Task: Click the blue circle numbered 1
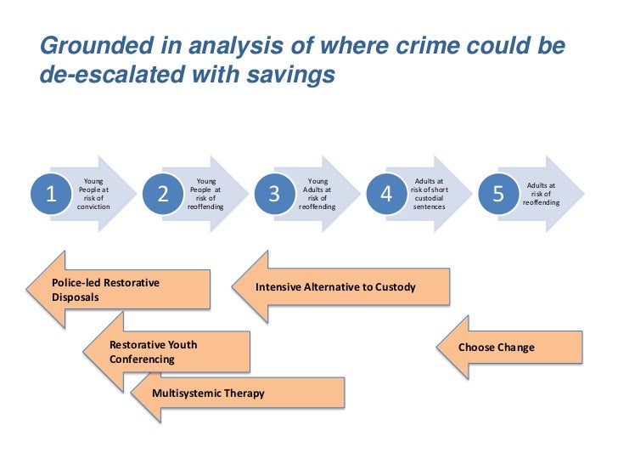tap(50, 195)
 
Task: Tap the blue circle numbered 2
tap(163, 195)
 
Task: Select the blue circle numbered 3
tap(273, 195)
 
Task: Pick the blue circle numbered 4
tap(386, 195)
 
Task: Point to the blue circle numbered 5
tap(497, 195)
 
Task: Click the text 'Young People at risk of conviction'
tap(93, 194)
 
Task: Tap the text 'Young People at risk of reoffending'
tap(206, 194)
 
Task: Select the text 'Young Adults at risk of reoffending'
tap(317, 194)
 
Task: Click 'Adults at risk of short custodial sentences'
tap(430, 194)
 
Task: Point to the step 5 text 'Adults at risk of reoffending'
tap(542, 194)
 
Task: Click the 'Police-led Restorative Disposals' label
tap(105, 290)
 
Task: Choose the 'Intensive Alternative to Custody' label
tap(335, 287)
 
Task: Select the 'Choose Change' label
tap(496, 348)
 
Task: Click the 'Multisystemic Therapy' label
tap(208, 393)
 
